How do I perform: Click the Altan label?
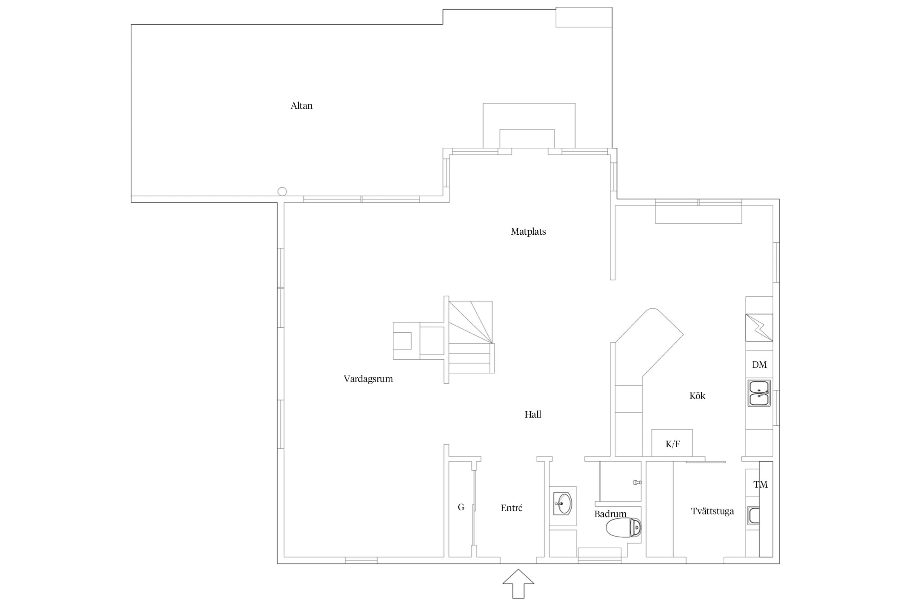[x=302, y=106]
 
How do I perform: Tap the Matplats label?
[x=528, y=232]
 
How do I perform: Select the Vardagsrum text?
[x=368, y=379]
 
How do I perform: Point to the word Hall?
[x=533, y=414]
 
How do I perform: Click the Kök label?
[x=697, y=396]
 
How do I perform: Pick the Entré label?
[x=511, y=508]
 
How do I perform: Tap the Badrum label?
[x=610, y=514]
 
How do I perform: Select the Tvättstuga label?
[x=713, y=511]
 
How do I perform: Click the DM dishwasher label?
[x=759, y=365]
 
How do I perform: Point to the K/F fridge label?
[x=673, y=444]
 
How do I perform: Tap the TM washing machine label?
[x=760, y=484]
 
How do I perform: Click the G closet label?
[x=461, y=507]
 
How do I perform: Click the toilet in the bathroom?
[x=624, y=528]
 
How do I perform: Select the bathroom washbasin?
[x=563, y=503]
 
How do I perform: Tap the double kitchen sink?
[x=759, y=393]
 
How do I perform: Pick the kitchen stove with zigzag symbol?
[x=759, y=327]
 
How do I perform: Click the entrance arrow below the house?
[x=518, y=584]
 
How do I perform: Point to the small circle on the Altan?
[x=282, y=192]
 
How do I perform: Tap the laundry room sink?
[x=753, y=516]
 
